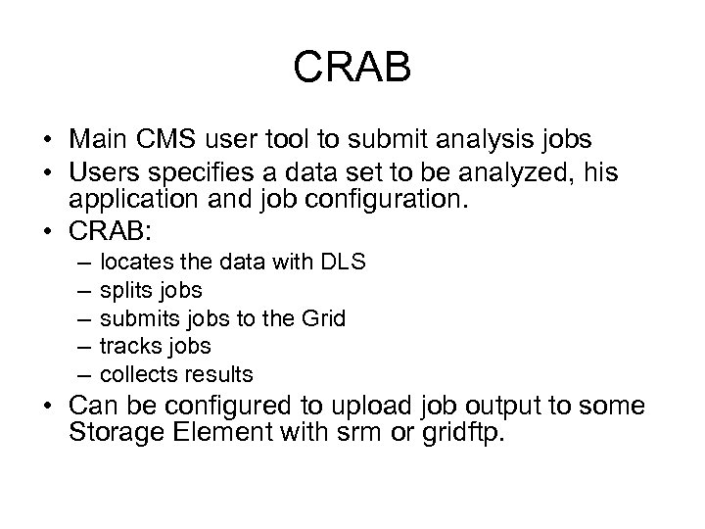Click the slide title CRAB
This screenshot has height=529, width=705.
coord(352,70)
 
